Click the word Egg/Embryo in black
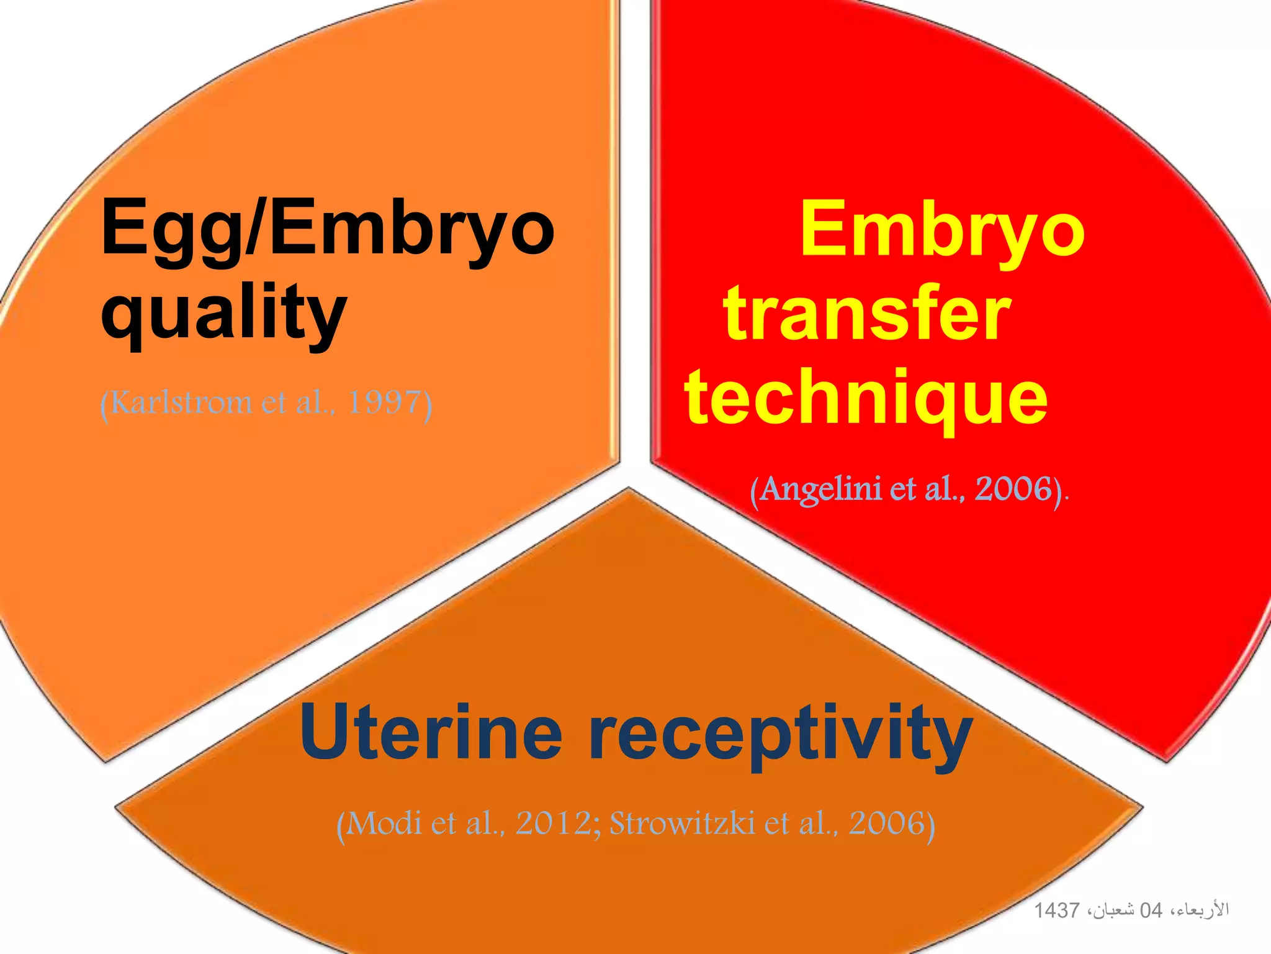click(327, 228)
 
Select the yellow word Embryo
click(942, 230)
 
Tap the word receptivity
click(780, 736)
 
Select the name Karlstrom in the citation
click(181, 402)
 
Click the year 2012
click(554, 824)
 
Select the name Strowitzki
click(682, 824)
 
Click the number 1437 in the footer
click(1057, 911)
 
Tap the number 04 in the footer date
click(1151, 911)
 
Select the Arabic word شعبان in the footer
click(1114, 911)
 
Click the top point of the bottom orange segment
click(629, 489)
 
